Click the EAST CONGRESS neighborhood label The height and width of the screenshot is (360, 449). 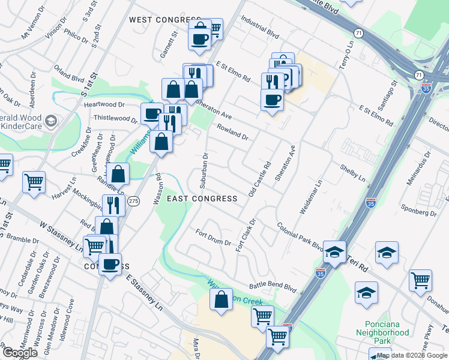click(202, 198)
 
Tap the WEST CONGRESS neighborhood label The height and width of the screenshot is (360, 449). click(160, 20)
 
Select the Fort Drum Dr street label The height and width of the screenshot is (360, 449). click(214, 238)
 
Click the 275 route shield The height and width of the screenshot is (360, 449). click(134, 202)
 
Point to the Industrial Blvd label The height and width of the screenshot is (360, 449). click(261, 27)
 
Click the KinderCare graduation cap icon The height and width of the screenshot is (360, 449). click(51, 121)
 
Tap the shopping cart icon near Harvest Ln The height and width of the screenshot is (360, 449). click(34, 181)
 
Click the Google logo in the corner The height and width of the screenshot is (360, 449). click(20, 353)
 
